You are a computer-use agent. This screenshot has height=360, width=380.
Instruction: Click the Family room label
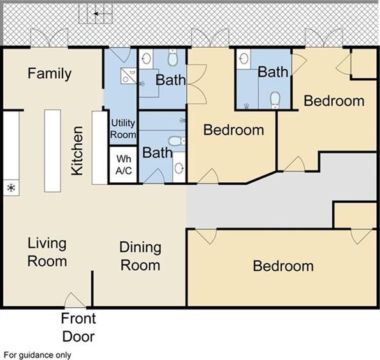click(50, 74)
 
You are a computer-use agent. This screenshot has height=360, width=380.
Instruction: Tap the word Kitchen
click(77, 150)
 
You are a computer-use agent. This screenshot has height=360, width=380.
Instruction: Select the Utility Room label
click(123, 129)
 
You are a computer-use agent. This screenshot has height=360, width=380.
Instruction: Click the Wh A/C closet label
click(124, 165)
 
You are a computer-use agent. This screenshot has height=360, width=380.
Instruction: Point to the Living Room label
click(47, 252)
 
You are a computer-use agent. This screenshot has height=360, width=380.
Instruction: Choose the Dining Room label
click(140, 256)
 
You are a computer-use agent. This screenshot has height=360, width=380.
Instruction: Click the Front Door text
click(78, 328)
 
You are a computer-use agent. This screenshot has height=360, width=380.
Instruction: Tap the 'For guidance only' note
click(38, 355)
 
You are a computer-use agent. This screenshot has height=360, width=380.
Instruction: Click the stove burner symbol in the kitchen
click(11, 188)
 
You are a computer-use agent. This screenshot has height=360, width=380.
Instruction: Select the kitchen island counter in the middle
click(52, 150)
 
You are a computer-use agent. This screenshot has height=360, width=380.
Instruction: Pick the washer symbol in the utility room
click(128, 76)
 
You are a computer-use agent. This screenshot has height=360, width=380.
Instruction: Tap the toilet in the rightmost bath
click(275, 100)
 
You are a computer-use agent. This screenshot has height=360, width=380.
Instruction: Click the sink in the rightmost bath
click(244, 59)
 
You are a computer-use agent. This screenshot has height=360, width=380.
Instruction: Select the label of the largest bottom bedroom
click(283, 266)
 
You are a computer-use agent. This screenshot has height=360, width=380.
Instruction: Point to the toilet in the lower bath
click(177, 141)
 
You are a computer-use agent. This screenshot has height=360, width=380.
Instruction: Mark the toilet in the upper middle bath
click(173, 57)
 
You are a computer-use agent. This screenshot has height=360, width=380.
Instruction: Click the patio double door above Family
click(49, 38)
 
